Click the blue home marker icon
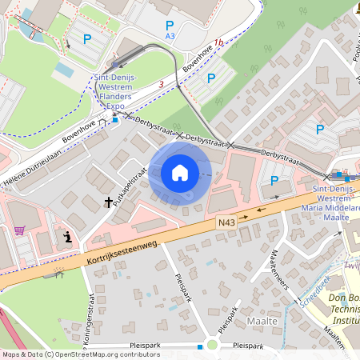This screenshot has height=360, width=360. click(180, 173)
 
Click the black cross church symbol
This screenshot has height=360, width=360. click(108, 203)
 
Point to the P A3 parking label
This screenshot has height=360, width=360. click(170, 30)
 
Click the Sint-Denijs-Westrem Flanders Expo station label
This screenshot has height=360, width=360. click(116, 91)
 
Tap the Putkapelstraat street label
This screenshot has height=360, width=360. click(128, 186)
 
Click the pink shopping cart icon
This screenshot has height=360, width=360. click(19, 230)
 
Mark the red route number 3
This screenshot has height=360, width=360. click(161, 83)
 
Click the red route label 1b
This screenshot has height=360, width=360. click(218, 42)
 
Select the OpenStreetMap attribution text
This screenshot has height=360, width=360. click(81, 354)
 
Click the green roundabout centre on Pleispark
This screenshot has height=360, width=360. click(212, 346)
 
